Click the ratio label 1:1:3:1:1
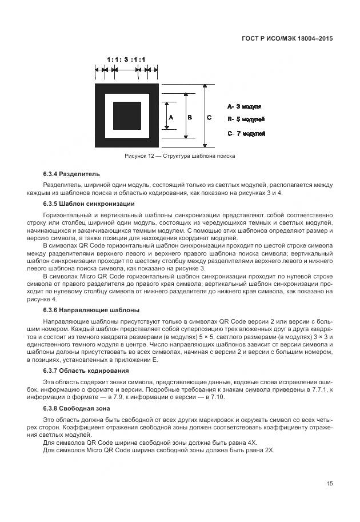126,59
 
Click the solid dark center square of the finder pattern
127,116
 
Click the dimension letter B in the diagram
190,117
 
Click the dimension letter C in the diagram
209,117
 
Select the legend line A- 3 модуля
245,106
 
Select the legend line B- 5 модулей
246,120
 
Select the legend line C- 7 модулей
246,134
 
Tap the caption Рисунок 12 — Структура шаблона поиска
179,156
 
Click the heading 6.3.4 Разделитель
71,173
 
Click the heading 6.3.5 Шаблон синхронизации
89,204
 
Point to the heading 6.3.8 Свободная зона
77,409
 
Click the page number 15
330,484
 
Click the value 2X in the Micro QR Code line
267,450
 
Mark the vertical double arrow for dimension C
204,116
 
